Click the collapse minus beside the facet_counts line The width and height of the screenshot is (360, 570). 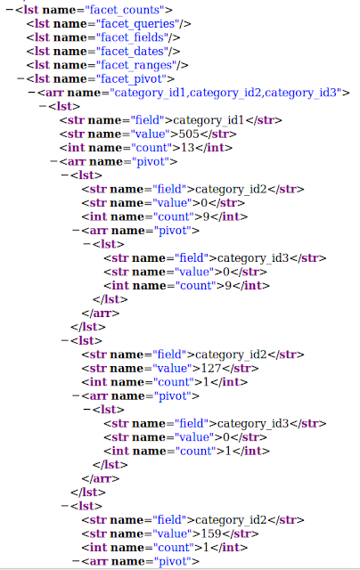[x=10, y=10]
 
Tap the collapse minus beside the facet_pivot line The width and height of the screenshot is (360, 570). [x=20, y=79]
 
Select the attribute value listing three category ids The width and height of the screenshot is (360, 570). [x=225, y=93]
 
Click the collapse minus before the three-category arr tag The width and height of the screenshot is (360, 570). [x=32, y=93]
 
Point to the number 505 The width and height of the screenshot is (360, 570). [x=189, y=134]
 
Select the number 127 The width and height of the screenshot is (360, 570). [x=211, y=369]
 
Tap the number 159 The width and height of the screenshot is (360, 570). [x=211, y=534]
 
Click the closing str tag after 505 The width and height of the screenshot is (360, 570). [x=217, y=134]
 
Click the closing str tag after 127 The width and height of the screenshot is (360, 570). [x=240, y=369]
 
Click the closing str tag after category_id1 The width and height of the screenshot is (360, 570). [x=264, y=120]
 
